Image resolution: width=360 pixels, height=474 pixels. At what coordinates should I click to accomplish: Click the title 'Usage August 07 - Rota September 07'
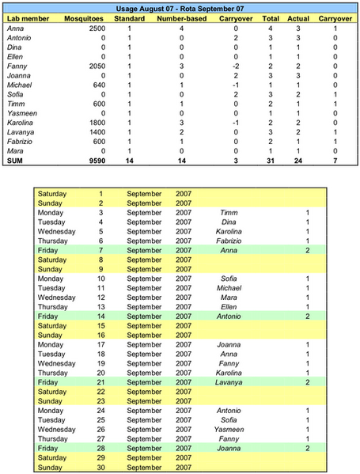click(x=180, y=6)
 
